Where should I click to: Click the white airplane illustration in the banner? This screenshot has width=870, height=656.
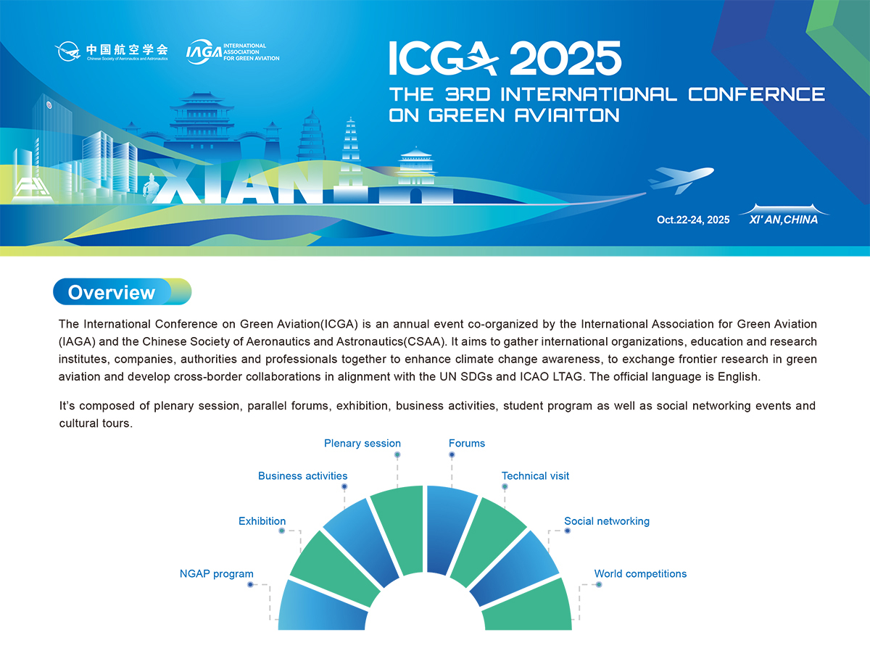681,180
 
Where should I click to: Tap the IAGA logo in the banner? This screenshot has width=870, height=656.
233,52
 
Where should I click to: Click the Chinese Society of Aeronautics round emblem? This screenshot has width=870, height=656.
67,51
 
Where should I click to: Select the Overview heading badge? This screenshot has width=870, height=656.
122,291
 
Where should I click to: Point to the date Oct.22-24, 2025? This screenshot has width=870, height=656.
693,220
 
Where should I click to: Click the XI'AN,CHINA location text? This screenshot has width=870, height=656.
783,220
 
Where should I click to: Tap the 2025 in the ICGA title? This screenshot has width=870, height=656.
565,58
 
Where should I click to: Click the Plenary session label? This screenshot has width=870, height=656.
362,444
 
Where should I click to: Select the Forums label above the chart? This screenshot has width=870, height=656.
466,444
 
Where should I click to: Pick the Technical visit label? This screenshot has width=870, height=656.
535,476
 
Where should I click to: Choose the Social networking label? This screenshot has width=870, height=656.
607,521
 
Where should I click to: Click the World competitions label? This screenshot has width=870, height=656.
640,574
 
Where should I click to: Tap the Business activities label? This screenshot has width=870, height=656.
302,476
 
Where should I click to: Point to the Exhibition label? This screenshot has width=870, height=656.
262,521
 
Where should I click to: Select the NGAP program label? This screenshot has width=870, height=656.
216,574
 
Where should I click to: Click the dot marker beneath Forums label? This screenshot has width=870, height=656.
452,454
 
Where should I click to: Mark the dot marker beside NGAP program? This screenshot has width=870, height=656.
250,585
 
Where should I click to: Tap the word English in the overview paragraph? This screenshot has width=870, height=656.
737,377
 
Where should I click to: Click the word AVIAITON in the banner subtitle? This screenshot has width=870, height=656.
567,116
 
